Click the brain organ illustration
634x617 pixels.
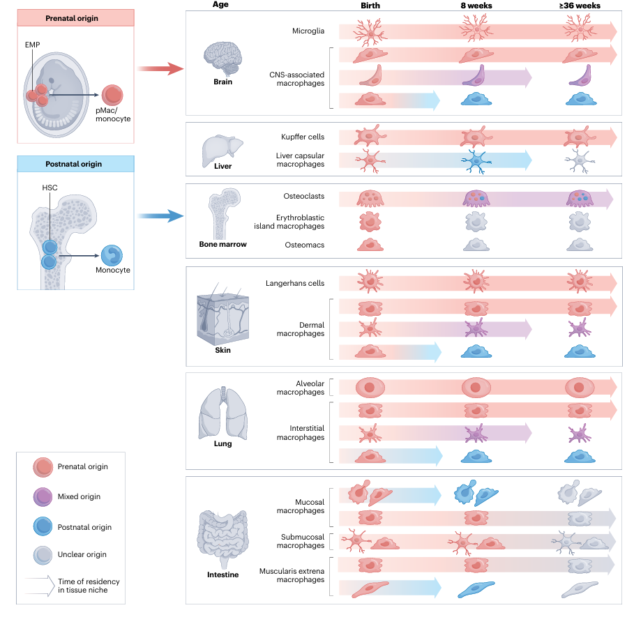click(222, 56)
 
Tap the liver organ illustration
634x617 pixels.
click(222, 148)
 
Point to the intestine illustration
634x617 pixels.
click(222, 539)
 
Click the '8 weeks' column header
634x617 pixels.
click(477, 6)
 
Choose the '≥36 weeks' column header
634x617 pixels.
click(579, 6)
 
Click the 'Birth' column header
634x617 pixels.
click(370, 6)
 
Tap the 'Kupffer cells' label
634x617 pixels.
click(302, 137)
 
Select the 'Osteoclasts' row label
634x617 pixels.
click(304, 197)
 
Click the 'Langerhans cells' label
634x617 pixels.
click(295, 283)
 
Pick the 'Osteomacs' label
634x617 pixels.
click(305, 245)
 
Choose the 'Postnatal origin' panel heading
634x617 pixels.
click(76, 164)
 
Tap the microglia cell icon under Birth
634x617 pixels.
click(370, 32)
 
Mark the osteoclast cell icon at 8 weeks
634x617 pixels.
click(477, 198)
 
